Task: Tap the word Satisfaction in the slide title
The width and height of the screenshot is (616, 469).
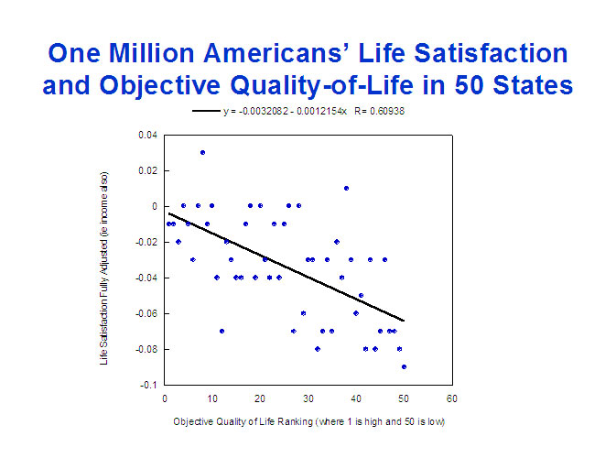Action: tap(466, 52)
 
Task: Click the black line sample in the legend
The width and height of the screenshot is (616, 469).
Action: tap(206, 111)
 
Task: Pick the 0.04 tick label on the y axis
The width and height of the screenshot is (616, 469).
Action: tap(146, 136)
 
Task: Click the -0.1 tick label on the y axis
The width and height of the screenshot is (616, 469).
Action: tap(148, 385)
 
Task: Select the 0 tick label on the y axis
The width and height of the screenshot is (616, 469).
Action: tap(154, 206)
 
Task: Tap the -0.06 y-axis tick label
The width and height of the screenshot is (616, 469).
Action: tap(146, 313)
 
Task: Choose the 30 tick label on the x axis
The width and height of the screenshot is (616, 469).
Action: tap(308, 398)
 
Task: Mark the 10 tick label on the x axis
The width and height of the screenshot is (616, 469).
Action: tap(211, 398)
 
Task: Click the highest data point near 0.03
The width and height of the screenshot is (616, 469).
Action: tap(202, 152)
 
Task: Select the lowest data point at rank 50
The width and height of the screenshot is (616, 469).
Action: tap(404, 366)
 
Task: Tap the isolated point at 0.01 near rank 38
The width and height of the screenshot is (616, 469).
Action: tap(346, 188)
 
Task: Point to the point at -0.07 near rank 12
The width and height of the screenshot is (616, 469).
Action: tap(222, 331)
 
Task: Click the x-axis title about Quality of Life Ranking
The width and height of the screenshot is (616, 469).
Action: tap(308, 422)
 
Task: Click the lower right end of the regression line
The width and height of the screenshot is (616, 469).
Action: tap(403, 321)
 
